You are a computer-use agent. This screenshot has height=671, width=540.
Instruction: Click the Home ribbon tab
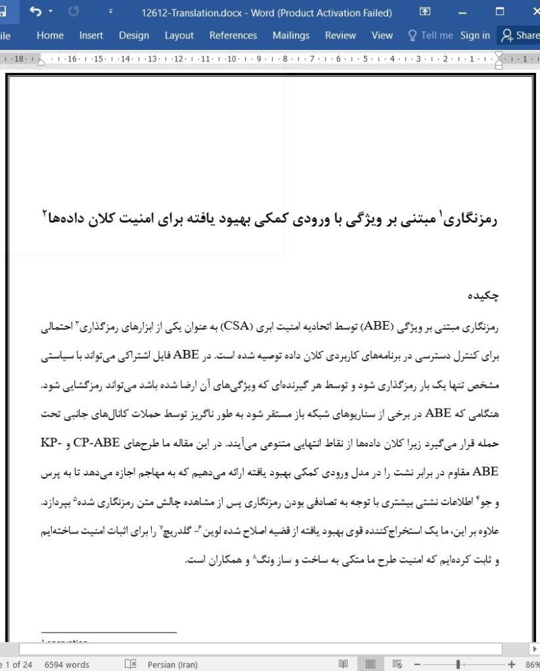(x=51, y=36)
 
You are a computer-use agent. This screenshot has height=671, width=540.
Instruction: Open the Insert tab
(x=91, y=36)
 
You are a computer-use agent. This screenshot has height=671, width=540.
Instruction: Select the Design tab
(x=134, y=36)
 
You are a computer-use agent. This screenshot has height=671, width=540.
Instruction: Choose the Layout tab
(x=179, y=36)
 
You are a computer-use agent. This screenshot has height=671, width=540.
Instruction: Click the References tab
(x=233, y=36)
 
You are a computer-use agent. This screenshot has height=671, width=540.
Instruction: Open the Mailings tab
(x=291, y=36)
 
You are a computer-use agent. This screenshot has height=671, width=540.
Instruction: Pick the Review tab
(x=340, y=36)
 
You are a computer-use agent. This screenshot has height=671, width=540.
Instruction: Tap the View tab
(x=382, y=36)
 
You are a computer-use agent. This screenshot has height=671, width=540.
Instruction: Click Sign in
(x=475, y=36)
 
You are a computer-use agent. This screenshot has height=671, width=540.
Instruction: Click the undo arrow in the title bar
(x=36, y=11)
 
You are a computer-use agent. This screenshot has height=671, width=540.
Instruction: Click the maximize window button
(x=500, y=11)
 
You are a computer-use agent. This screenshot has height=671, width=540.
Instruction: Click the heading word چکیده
(x=483, y=295)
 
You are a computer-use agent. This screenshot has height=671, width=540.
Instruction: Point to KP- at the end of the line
(x=487, y=442)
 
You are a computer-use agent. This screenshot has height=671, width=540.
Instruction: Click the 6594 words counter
(x=67, y=664)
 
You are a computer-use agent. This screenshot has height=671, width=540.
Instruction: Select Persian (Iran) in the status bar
(x=172, y=664)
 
